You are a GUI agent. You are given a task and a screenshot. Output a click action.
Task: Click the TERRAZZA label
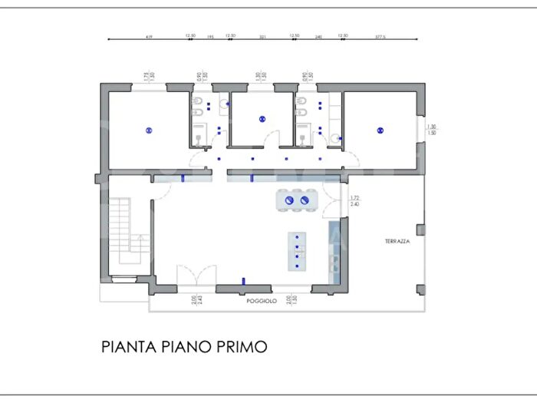pyautogui.click(x=397, y=241)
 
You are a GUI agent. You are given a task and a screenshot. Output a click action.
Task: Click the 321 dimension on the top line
pyautogui.click(x=262, y=35)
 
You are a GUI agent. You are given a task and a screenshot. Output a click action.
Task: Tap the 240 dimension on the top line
pyautogui.click(x=318, y=35)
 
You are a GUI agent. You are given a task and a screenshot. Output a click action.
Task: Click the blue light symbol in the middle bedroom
pyautogui.click(x=262, y=119)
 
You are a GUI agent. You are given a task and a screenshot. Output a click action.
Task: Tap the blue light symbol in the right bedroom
pyautogui.click(x=380, y=130)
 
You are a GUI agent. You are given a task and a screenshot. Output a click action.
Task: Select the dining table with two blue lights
pyautogui.click(x=297, y=200)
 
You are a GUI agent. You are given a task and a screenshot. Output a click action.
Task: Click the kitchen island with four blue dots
pyautogui.click(x=297, y=251)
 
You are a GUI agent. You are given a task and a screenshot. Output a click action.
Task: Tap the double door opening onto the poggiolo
pyautogui.click(x=196, y=276)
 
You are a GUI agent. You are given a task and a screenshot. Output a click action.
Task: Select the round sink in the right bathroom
pyautogui.click(x=336, y=138)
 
